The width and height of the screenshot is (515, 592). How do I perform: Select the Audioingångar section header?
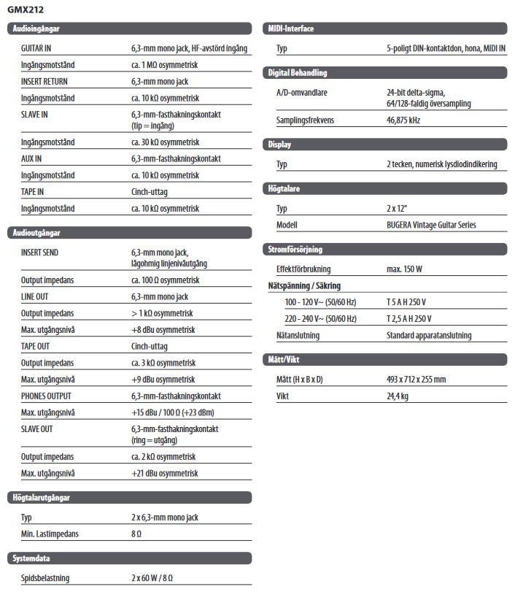coord(36,29)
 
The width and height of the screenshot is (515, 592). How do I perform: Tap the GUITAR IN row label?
coord(36,48)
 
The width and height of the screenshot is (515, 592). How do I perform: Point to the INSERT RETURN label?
coord(44,82)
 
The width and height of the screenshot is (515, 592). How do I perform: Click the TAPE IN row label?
coord(33,192)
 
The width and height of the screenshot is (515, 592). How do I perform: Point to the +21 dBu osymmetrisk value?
coord(165,473)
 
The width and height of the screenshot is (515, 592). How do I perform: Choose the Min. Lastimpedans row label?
coord(50,534)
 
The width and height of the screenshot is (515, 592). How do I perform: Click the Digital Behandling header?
coord(298,73)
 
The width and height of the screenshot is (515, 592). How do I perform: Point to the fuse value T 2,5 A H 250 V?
coord(408,318)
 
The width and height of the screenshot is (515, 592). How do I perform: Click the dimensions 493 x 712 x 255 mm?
coord(416,379)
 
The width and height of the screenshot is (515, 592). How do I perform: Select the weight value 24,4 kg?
coord(398,396)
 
